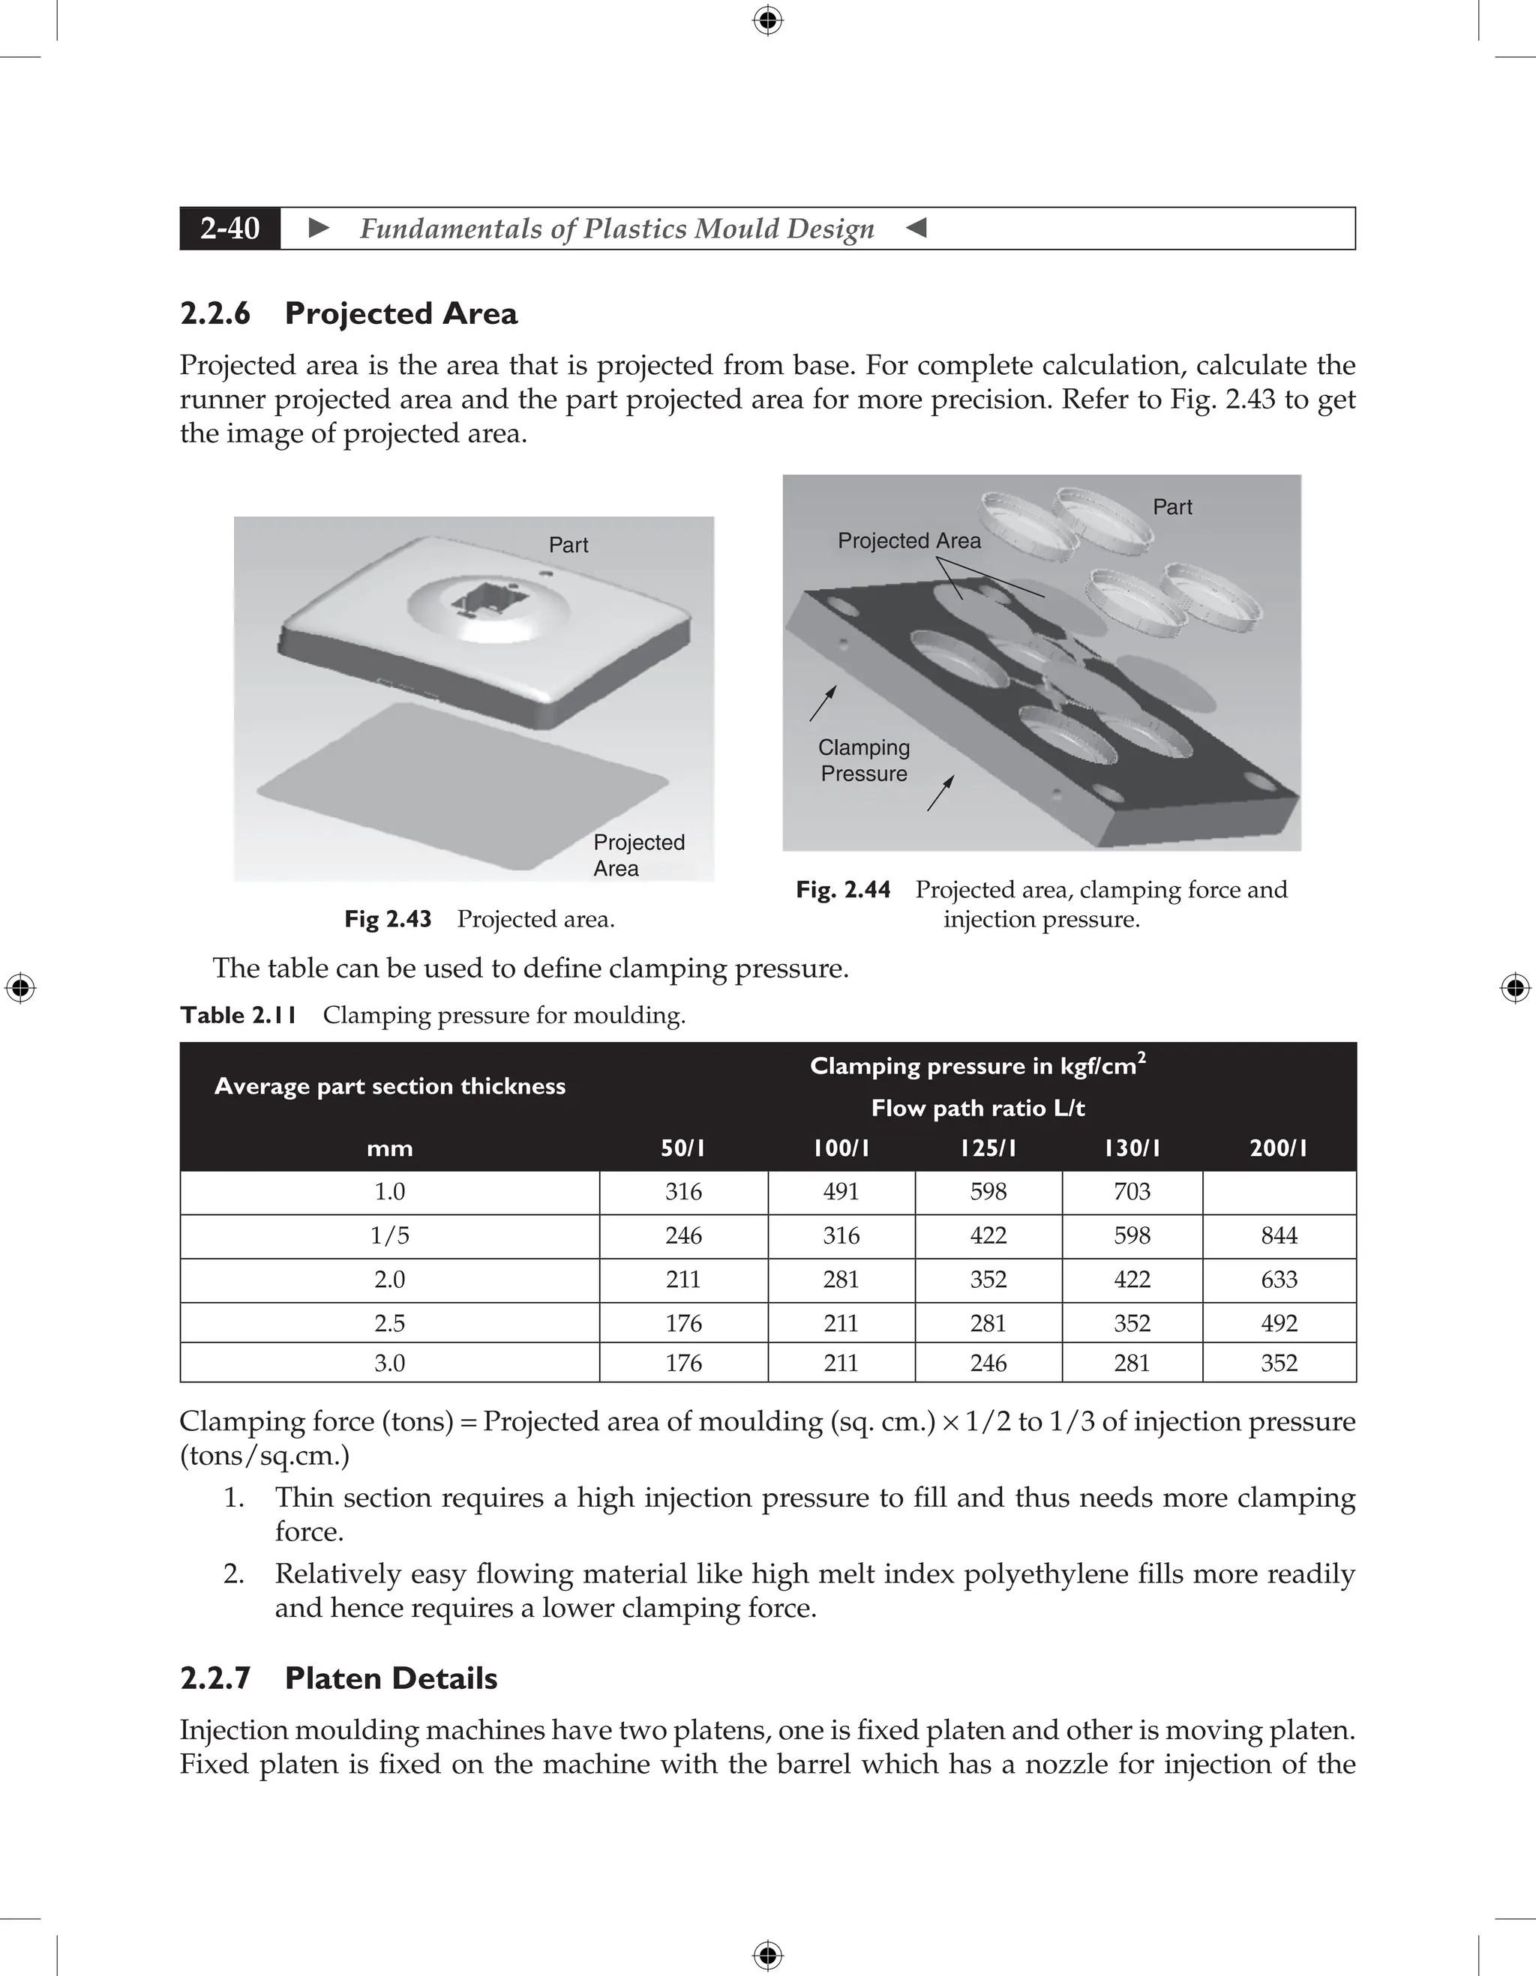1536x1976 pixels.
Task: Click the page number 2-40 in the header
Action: tap(230, 228)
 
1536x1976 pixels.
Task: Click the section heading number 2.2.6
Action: tap(215, 313)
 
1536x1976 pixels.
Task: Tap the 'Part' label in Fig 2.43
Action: tap(568, 545)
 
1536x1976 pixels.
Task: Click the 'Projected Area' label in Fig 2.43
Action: tap(638, 855)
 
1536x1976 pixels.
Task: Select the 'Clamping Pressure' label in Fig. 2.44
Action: tap(863, 760)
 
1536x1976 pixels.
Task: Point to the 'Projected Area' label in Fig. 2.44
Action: tap(909, 541)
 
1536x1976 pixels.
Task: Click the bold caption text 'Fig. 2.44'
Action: tap(843, 889)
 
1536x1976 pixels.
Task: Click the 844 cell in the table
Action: tap(1278, 1235)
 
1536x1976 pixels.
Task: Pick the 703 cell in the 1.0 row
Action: tap(1132, 1192)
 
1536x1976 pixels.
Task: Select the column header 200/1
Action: tap(1278, 1148)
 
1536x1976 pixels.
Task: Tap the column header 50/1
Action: tap(682, 1148)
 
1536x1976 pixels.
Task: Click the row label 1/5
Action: tap(389, 1235)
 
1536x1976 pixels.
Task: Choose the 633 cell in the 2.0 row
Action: tap(1278, 1280)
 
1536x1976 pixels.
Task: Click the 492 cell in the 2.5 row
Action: tap(1278, 1323)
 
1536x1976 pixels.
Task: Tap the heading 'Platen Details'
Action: tap(390, 1678)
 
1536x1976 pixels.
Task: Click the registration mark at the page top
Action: tap(767, 20)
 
